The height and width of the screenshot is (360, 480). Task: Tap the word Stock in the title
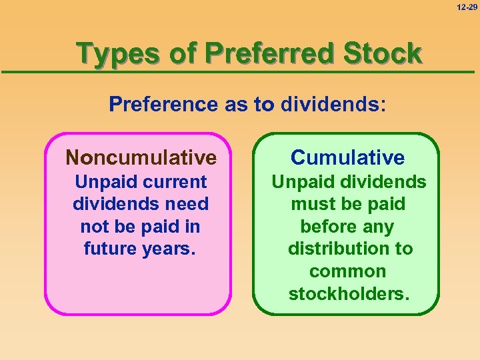(x=383, y=53)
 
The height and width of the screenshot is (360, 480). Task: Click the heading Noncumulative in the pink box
(x=141, y=158)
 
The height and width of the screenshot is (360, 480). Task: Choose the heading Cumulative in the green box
(x=347, y=158)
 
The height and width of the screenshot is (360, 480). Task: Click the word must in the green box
(x=313, y=204)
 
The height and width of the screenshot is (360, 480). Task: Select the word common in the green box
(x=347, y=271)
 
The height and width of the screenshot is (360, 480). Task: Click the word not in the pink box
(x=94, y=227)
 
